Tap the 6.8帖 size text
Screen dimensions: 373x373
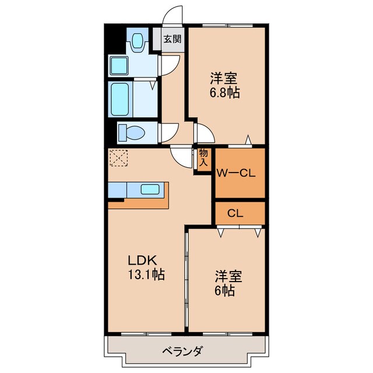(225, 93)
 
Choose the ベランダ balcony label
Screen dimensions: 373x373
(184, 351)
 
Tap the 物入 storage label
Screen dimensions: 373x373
(203, 158)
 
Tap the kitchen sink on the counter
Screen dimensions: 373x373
(151, 189)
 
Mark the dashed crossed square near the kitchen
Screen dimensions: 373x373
(119, 158)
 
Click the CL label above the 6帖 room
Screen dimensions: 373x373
(235, 213)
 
